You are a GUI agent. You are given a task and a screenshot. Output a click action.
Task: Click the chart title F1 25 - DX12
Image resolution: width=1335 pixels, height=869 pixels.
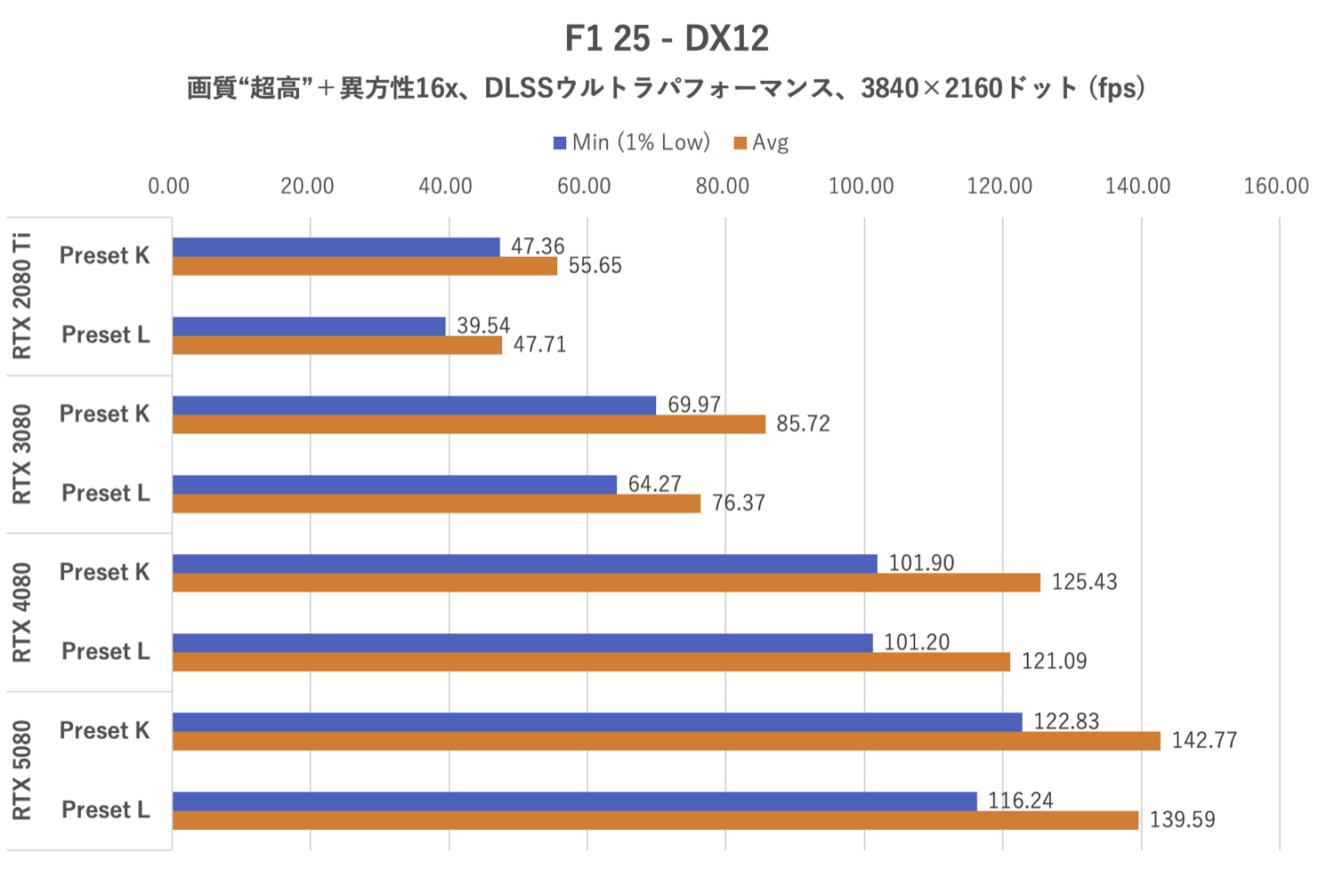tap(667, 38)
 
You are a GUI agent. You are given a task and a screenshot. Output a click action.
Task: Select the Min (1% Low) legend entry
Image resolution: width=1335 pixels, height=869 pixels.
tap(632, 142)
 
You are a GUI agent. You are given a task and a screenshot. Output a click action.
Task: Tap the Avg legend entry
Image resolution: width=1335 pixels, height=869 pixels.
tap(762, 142)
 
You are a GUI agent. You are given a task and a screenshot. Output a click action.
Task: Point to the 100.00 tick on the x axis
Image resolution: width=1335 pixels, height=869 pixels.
tap(861, 186)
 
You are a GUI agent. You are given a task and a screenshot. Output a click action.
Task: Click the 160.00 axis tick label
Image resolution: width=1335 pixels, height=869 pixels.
tap(1275, 186)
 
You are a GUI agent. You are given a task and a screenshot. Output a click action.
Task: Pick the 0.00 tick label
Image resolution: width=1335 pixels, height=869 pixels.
tap(168, 186)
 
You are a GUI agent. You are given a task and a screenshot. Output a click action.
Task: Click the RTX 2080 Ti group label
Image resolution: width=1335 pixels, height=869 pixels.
tap(21, 296)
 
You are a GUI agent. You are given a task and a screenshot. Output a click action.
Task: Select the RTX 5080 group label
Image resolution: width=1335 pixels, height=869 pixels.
tap(21, 770)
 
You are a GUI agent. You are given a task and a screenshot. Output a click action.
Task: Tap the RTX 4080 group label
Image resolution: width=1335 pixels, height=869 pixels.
tap(21, 612)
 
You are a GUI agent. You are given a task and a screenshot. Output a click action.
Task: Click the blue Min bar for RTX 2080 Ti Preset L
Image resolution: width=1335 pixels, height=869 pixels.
tap(309, 326)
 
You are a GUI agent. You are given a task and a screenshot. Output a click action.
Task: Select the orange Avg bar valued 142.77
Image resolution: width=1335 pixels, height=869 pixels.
tap(666, 741)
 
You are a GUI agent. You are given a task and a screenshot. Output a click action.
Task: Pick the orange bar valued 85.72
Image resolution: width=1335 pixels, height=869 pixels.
tap(468, 424)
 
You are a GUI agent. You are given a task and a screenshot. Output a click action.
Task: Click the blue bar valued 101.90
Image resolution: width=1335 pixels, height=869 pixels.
tap(524, 563)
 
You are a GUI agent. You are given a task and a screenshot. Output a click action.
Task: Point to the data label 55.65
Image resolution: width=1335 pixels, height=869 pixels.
tap(595, 265)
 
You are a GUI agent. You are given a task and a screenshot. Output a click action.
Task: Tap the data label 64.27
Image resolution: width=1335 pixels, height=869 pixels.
tap(654, 484)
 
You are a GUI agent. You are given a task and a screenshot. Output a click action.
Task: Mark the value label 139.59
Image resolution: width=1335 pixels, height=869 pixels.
tap(1182, 819)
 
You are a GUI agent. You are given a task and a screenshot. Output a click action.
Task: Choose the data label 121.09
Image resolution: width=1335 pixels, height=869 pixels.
tap(1054, 661)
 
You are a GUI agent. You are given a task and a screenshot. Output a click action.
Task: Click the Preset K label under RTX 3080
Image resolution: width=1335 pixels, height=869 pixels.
tap(104, 414)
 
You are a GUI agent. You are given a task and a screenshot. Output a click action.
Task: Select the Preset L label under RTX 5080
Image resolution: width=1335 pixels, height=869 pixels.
tap(105, 809)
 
